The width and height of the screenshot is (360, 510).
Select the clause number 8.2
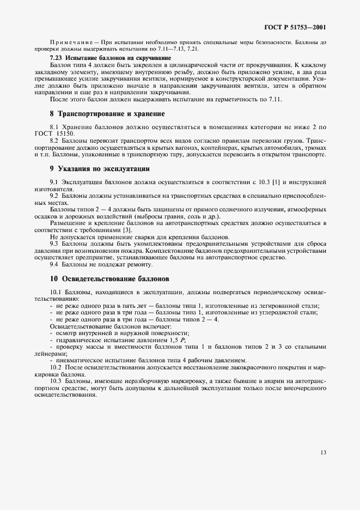tap(55, 141)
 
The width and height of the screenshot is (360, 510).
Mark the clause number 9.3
tap(55, 244)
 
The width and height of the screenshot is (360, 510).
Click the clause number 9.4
tap(55, 264)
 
